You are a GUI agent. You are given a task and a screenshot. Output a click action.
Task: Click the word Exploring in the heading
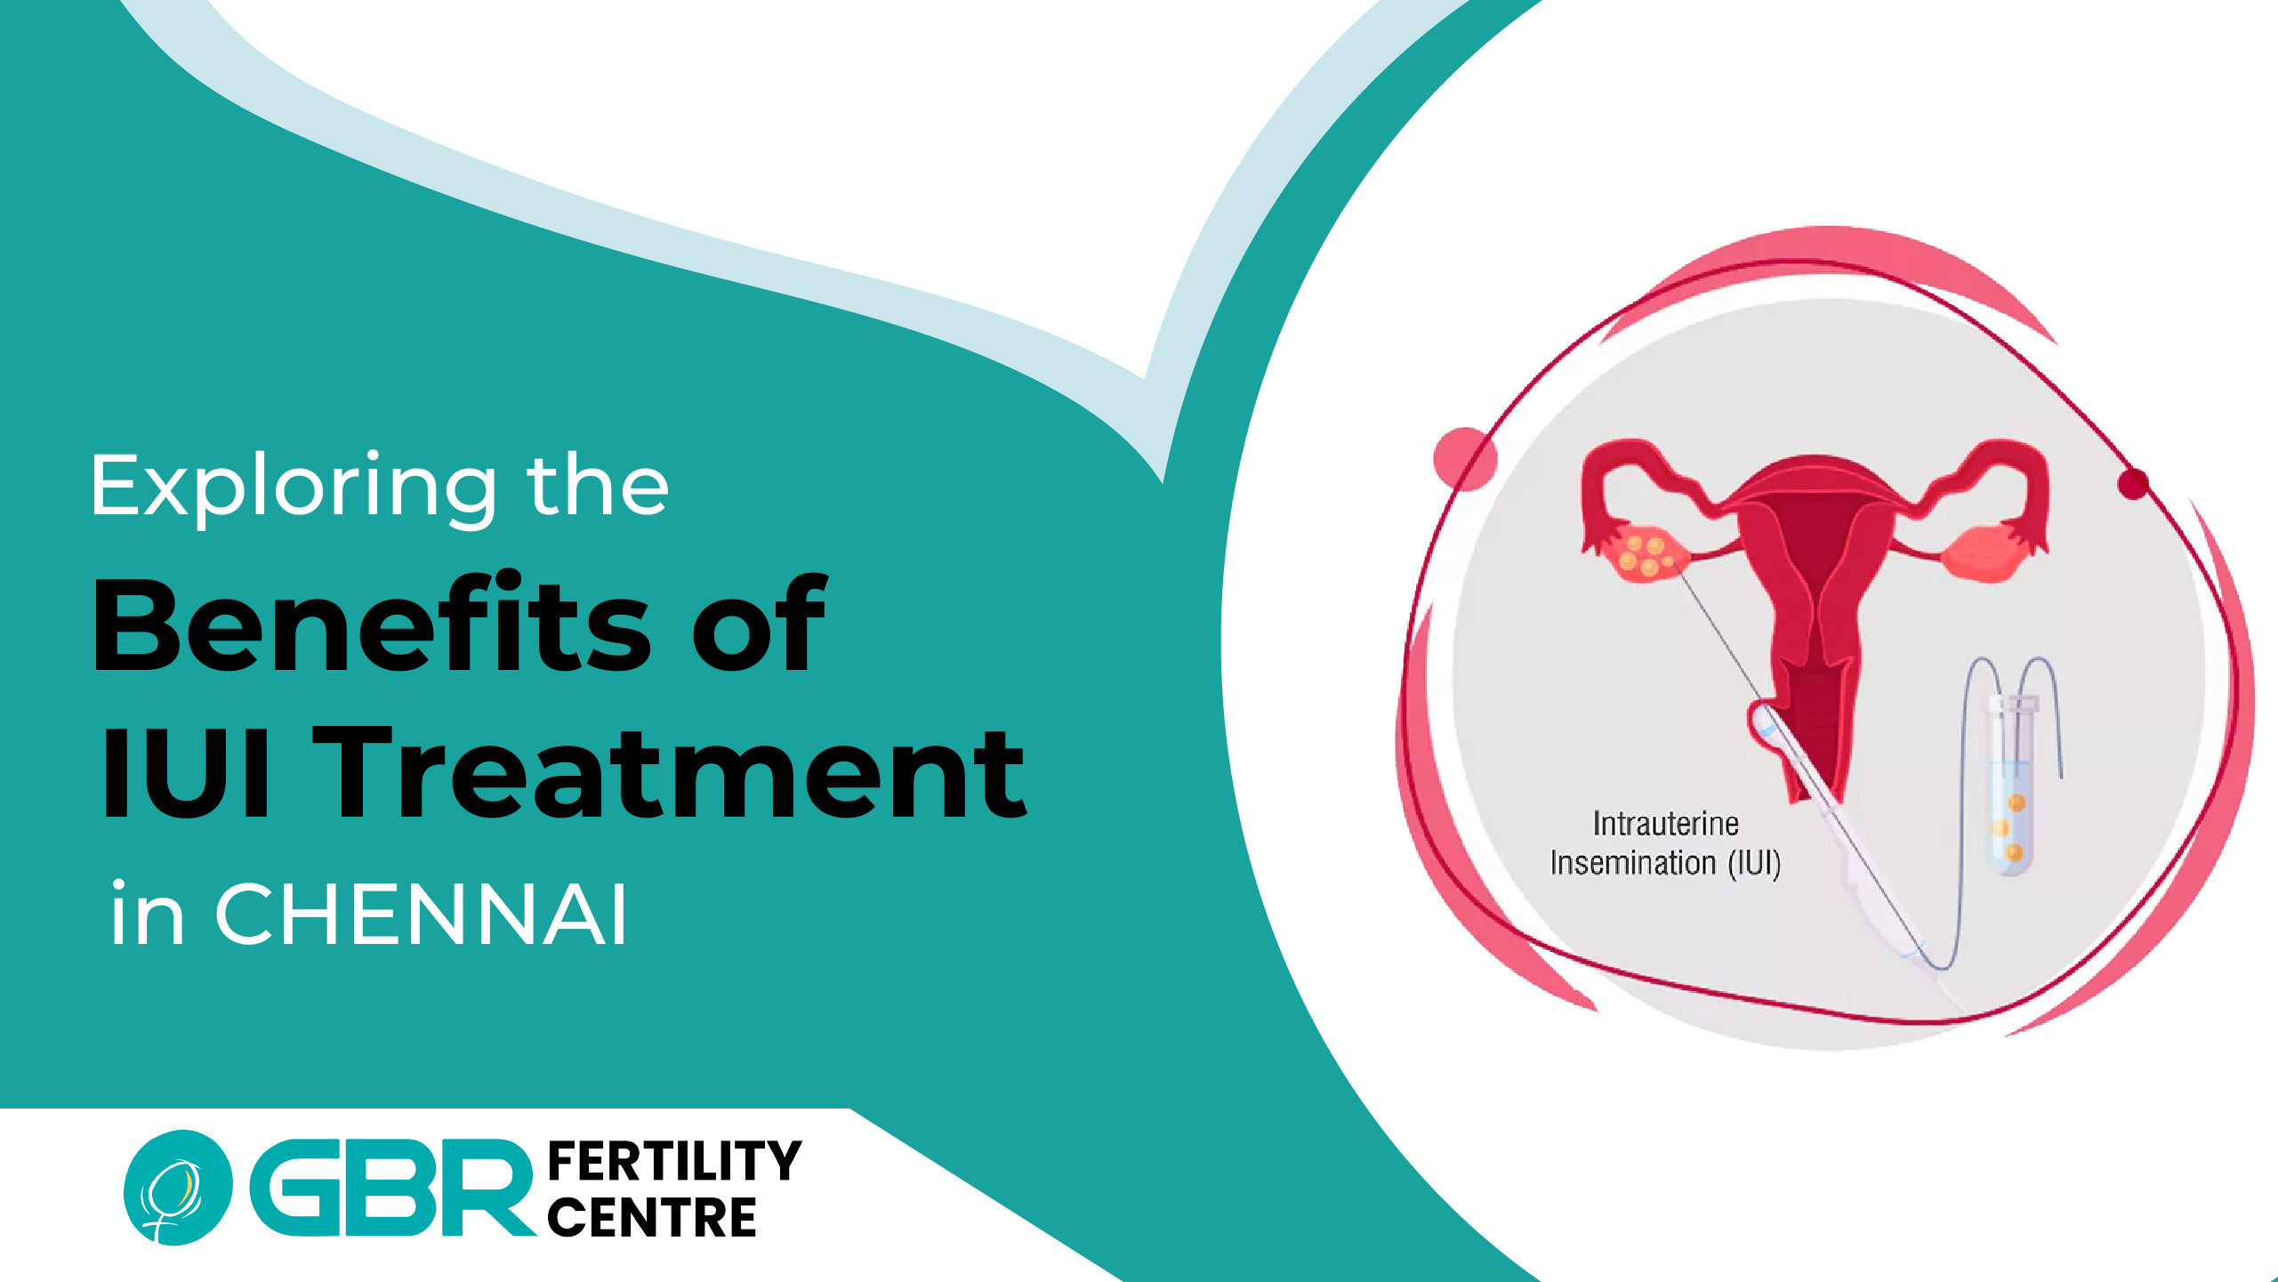click(x=294, y=488)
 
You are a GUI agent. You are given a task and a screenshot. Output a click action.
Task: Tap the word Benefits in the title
click(x=373, y=623)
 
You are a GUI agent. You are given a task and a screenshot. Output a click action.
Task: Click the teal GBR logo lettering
click(x=391, y=1187)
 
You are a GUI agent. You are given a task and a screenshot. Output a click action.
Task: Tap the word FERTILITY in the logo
click(x=674, y=1161)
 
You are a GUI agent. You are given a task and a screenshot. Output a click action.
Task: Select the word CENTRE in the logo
click(x=652, y=1217)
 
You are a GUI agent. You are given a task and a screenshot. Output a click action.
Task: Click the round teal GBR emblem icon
click(x=178, y=1188)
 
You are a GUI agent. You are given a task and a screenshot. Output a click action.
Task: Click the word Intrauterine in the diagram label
click(x=1665, y=824)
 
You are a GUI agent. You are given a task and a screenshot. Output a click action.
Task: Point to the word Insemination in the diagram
click(x=1633, y=863)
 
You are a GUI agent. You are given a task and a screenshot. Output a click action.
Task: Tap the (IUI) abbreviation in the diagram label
click(x=1754, y=864)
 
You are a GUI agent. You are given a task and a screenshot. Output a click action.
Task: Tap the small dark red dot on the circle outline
click(x=2133, y=484)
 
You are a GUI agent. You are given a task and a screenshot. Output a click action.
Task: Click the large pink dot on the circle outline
click(x=1465, y=459)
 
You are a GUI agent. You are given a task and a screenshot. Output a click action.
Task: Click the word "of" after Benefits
click(x=758, y=623)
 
